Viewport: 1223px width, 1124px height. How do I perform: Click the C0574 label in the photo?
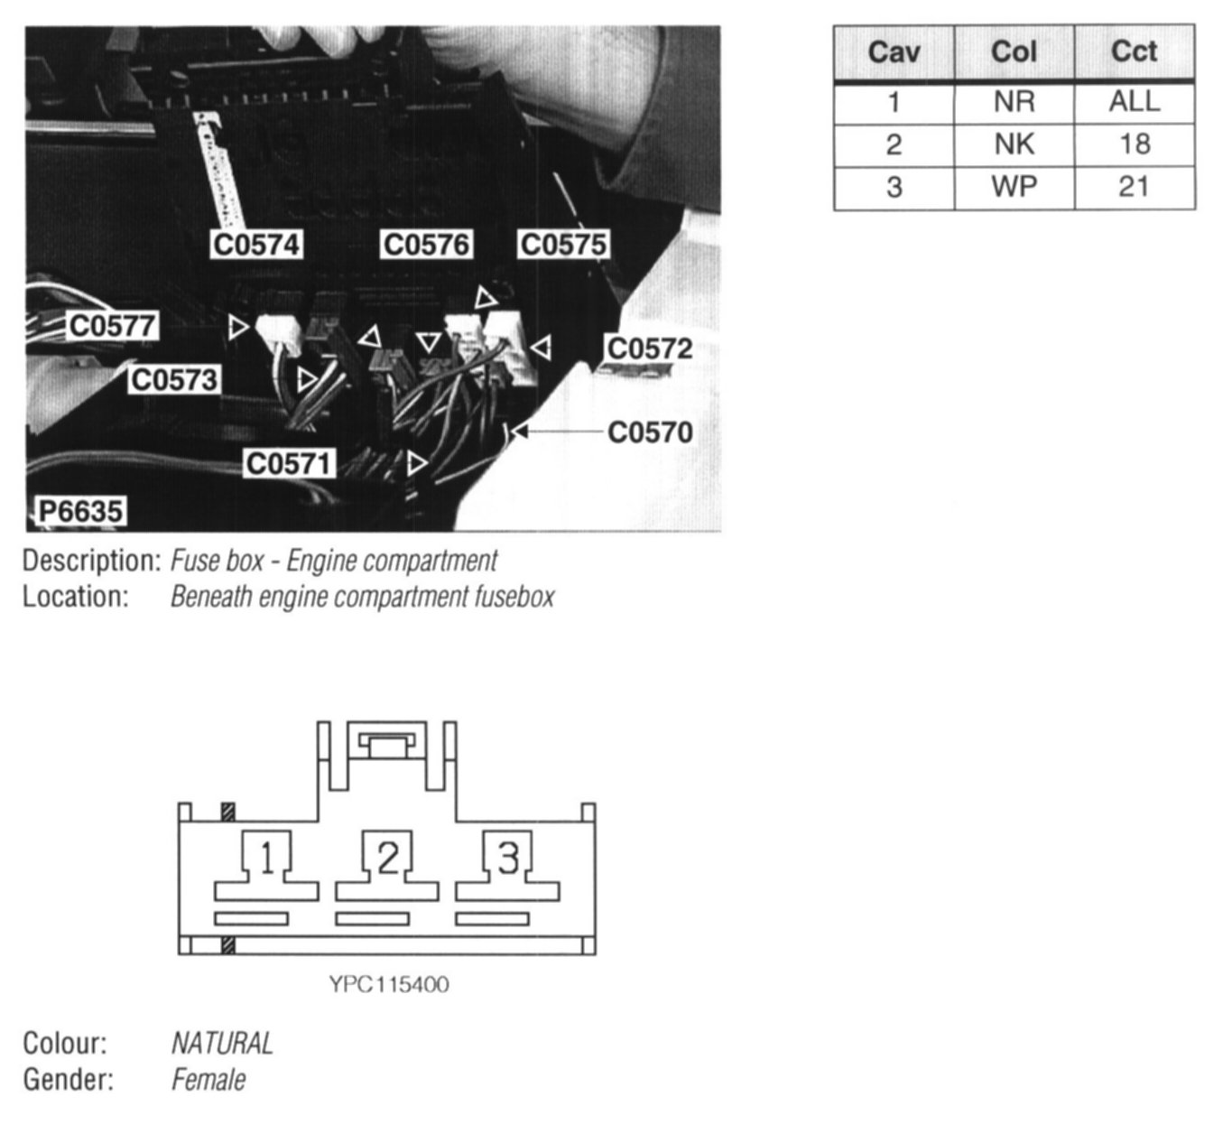[x=256, y=245]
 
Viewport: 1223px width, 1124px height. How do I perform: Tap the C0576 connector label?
[x=426, y=245]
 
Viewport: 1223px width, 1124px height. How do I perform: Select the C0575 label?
[x=564, y=245]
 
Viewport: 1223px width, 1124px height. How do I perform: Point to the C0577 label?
[x=113, y=326]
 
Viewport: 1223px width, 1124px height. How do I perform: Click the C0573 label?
[x=174, y=380]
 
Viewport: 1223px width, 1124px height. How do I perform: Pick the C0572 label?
[x=650, y=348]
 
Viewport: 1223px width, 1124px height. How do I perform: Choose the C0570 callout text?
[x=650, y=432]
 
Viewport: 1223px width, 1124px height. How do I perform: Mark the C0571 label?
[x=290, y=464]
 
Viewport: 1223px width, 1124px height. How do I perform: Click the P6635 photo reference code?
[x=79, y=512]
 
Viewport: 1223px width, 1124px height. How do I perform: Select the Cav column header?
[x=894, y=52]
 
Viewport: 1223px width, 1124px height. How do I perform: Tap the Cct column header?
[x=1134, y=52]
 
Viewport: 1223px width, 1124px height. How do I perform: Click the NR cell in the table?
[x=1014, y=102]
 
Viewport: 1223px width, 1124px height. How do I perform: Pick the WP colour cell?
[x=1014, y=188]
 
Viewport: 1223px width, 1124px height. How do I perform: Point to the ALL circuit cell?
[x=1134, y=102]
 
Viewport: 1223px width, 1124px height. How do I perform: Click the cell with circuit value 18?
[x=1134, y=144]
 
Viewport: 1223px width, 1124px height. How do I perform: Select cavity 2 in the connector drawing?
[x=387, y=858]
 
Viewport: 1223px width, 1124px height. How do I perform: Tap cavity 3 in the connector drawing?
[x=508, y=858]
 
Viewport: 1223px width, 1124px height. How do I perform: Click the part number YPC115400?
[x=389, y=984]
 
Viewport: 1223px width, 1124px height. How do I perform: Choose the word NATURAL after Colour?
[x=222, y=1044]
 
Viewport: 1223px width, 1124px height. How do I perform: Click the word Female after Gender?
[x=208, y=1080]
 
